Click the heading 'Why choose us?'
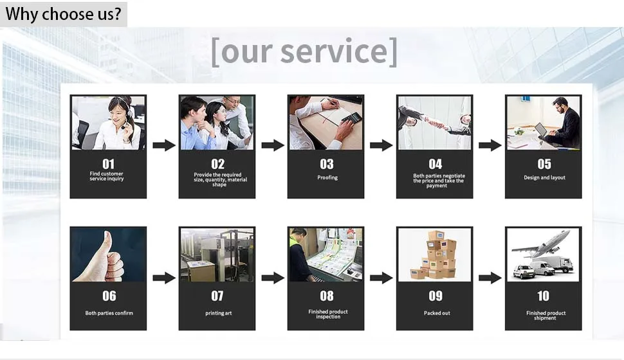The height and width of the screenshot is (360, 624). coord(63,14)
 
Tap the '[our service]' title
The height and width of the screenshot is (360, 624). coord(304,51)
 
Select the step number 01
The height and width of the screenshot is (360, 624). coord(108,164)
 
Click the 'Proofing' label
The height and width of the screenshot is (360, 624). coord(327,177)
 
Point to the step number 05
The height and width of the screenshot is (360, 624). coord(544,164)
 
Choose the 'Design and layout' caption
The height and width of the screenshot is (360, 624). coord(544,177)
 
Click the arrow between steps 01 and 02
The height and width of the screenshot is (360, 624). coord(164,145)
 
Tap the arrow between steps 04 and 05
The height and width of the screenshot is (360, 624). coord(490,145)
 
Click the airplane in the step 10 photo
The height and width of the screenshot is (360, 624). coord(546,244)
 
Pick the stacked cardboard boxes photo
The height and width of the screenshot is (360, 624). coord(436,255)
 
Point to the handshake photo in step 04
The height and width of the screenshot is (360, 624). coord(435,122)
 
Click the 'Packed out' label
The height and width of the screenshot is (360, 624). coord(437,313)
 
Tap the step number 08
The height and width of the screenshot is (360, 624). coord(327,296)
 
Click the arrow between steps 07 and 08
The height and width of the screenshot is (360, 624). coord(273,278)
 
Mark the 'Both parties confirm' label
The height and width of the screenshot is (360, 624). coord(109,313)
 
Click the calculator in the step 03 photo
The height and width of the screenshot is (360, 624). coord(351,118)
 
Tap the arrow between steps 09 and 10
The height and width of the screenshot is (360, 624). coord(490,278)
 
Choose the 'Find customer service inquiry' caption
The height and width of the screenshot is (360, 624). coord(107,176)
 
